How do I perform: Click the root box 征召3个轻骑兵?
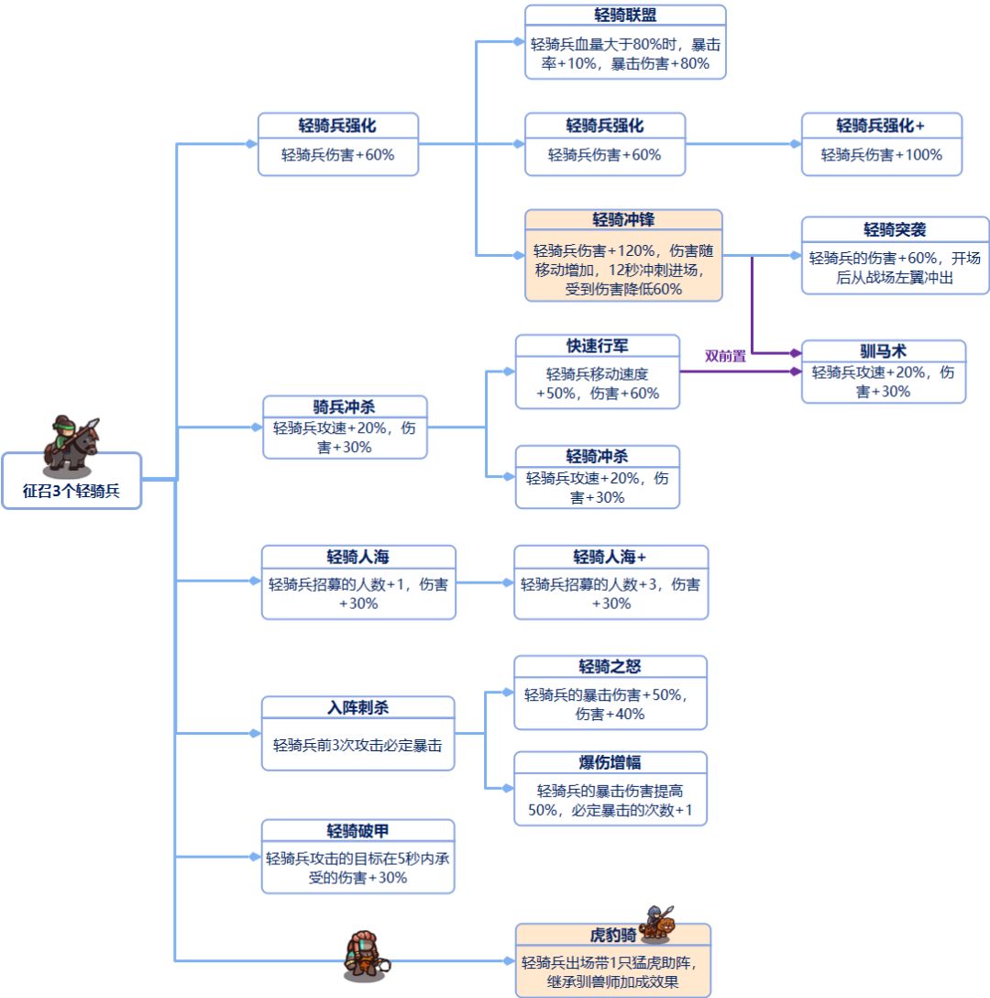pyautogui.click(x=71, y=491)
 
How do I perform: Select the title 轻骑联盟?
pyautogui.click(x=625, y=16)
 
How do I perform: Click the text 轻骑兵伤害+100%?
pyautogui.click(x=881, y=155)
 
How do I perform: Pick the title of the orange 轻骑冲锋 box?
pyautogui.click(x=623, y=220)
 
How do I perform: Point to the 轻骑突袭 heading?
pyautogui.click(x=895, y=228)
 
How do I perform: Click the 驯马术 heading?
pyautogui.click(x=884, y=351)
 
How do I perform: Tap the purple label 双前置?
pyautogui.click(x=724, y=356)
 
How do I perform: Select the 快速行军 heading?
pyautogui.click(x=597, y=346)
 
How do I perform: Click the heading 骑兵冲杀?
pyautogui.click(x=345, y=406)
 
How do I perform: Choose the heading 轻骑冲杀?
pyautogui.click(x=597, y=456)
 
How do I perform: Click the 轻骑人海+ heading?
pyautogui.click(x=610, y=557)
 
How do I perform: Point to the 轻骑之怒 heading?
pyautogui.click(x=610, y=666)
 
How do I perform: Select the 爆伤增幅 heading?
pyautogui.click(x=610, y=762)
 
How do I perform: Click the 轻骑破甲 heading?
pyautogui.click(x=357, y=831)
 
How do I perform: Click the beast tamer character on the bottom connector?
pyautogui.click(x=364, y=953)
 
